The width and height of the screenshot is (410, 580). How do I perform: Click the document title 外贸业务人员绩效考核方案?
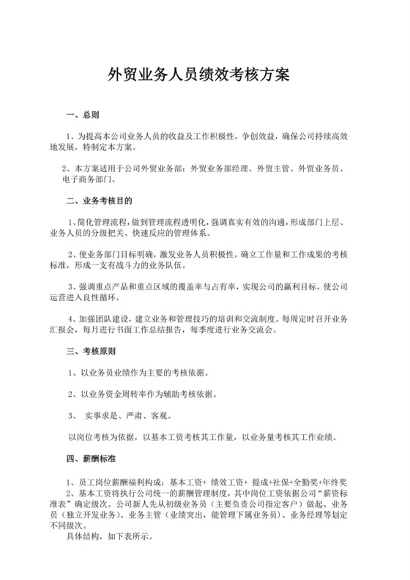click(198, 75)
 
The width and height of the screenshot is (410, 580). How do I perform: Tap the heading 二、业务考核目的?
click(99, 200)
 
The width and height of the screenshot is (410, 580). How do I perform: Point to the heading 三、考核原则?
click(87, 352)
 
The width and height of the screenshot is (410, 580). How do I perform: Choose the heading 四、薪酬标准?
click(87, 460)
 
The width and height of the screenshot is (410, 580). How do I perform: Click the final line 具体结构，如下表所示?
click(106, 535)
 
